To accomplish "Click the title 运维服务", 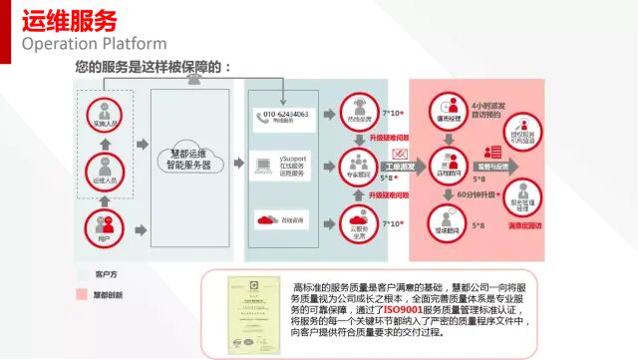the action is point(69,20).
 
